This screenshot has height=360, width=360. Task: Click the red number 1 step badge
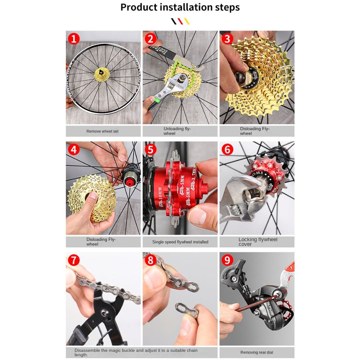(x=74, y=39)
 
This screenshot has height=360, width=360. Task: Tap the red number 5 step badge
(x=150, y=149)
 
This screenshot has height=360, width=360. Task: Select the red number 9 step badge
(x=227, y=260)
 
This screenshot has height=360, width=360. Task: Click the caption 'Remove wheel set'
(x=102, y=131)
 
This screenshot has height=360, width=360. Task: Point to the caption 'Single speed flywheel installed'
(x=180, y=242)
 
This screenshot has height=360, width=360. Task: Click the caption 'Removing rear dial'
(x=257, y=352)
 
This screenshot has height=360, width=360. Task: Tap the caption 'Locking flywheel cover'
(x=257, y=242)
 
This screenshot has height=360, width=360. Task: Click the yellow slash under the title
(x=186, y=21)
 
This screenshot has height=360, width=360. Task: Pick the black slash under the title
(x=174, y=21)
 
